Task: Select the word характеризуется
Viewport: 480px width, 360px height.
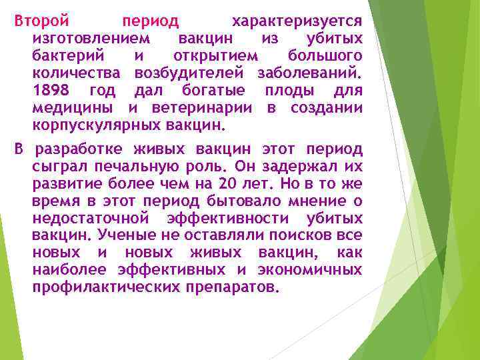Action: [x=297, y=21]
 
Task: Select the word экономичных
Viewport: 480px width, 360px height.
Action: [x=309, y=270]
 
